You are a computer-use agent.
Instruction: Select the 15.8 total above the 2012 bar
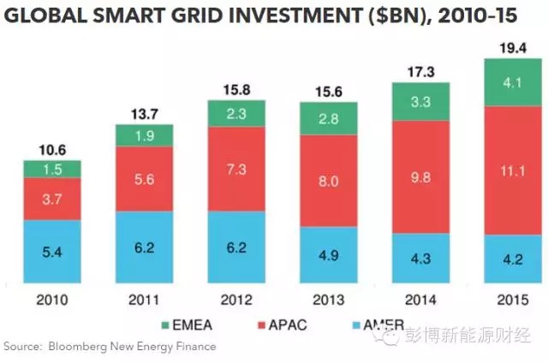(237, 88)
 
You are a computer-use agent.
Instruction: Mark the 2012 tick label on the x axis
(237, 300)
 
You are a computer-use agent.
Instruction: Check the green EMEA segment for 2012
(237, 112)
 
